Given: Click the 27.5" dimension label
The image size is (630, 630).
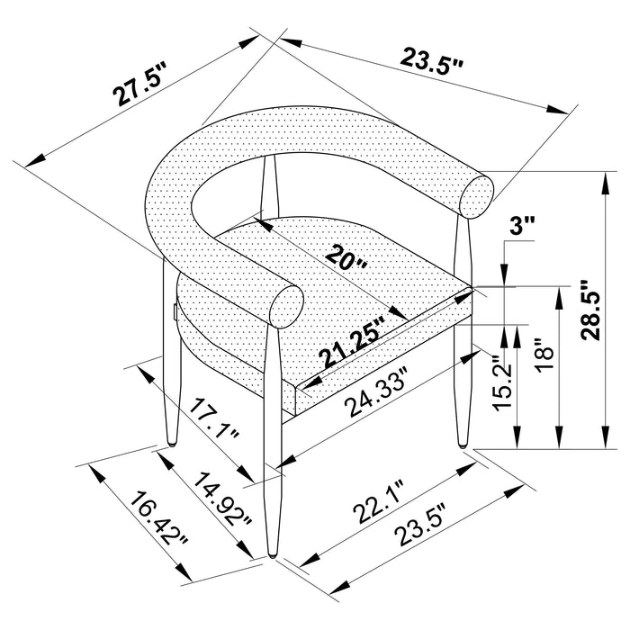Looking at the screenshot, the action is [x=138, y=85].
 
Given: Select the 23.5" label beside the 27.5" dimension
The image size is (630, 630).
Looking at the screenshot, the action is [x=432, y=61].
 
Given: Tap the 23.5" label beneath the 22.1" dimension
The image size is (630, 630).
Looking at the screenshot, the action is [x=421, y=526].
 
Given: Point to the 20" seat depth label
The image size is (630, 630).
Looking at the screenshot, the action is [x=346, y=258].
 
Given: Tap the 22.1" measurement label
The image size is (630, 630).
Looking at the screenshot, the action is [x=379, y=501].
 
